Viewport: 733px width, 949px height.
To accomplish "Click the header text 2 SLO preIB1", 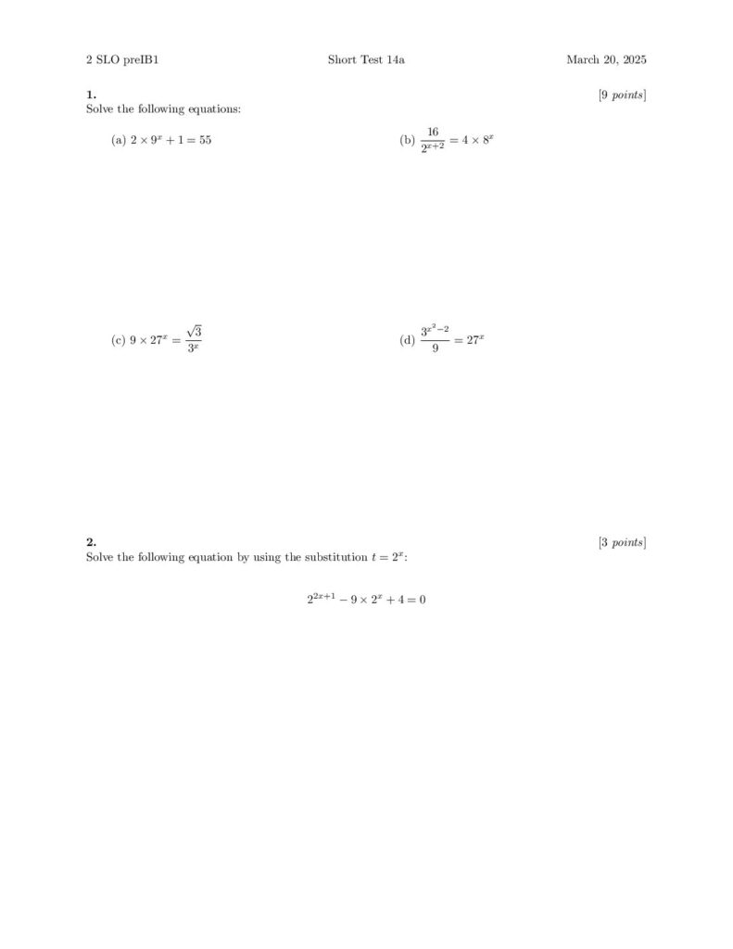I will point(116,60).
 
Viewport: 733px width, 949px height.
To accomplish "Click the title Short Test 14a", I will point(366,60).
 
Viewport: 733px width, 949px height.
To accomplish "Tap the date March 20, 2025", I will point(606,60).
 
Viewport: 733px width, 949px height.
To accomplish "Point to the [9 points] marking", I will point(622,95).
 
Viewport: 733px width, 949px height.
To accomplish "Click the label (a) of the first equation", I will point(118,140).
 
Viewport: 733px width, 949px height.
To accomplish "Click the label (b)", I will point(407,140).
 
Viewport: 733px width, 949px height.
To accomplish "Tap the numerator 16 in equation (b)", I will point(433,133).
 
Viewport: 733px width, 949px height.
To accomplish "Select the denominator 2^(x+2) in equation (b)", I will point(433,148).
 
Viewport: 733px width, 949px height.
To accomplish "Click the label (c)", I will point(118,340).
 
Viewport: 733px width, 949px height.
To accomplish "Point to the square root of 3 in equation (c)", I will point(194,332).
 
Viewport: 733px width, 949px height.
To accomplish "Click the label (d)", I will point(407,340).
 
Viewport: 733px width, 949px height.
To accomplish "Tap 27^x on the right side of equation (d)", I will point(475,340).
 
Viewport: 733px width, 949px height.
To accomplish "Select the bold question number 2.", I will point(91,542).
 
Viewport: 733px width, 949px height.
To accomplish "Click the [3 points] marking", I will point(622,542).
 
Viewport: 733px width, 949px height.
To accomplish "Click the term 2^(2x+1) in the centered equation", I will point(321,599).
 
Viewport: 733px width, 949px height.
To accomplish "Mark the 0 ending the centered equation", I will point(422,600).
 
